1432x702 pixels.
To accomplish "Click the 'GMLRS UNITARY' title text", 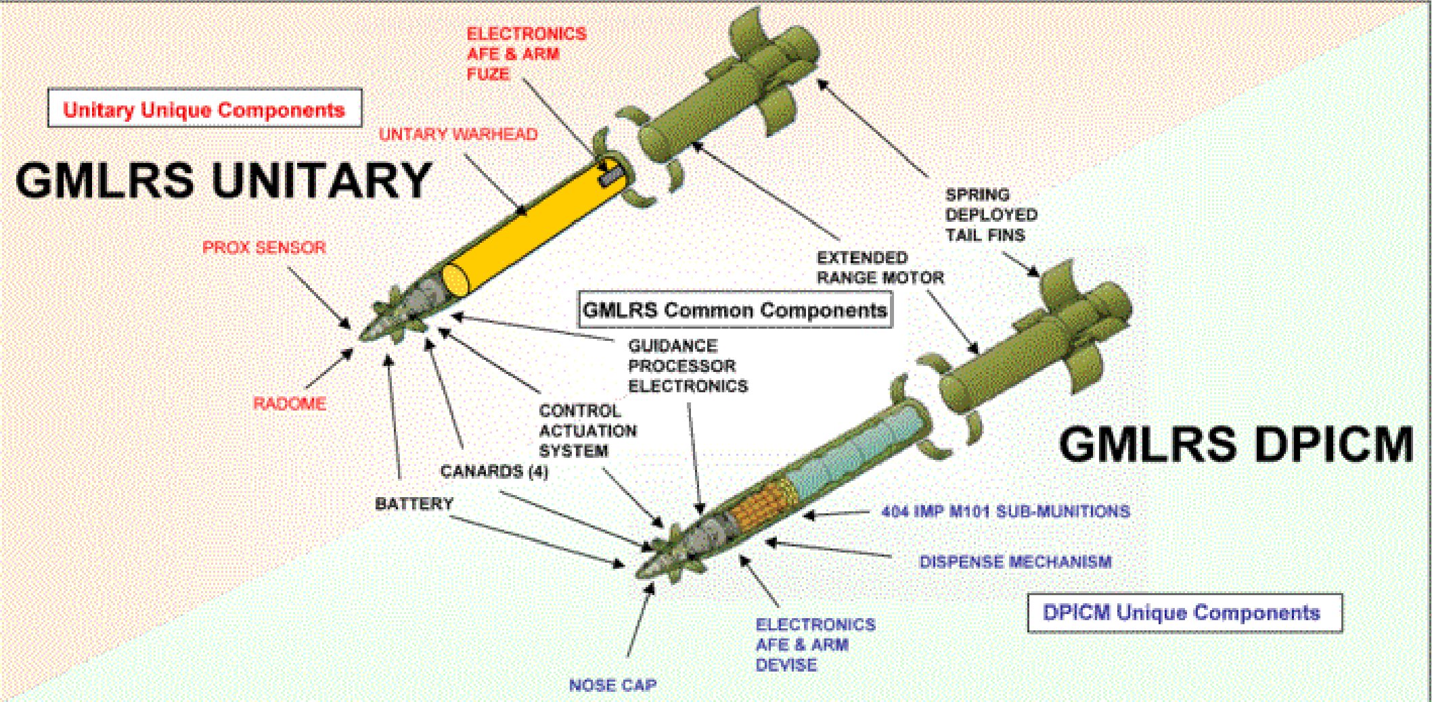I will point(223,180).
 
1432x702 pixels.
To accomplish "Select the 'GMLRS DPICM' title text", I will point(1236,444).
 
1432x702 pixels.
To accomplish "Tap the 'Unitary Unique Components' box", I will point(204,109).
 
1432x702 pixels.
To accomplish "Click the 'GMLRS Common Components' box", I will point(734,310).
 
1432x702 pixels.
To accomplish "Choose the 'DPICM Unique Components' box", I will point(1184,613).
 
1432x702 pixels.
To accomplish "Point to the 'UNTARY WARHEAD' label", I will point(458,134).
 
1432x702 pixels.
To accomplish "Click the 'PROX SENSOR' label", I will point(264,248).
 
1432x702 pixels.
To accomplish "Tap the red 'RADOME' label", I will point(290,404).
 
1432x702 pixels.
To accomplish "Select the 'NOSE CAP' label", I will point(612,685).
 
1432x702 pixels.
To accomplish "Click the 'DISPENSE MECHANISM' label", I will point(1015,561).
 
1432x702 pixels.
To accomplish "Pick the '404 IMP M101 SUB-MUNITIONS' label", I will point(1006,511).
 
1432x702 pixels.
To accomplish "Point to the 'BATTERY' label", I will point(414,503).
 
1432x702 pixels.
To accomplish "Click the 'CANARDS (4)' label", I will point(494,471).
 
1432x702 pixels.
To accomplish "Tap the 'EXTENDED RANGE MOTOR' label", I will point(879,267).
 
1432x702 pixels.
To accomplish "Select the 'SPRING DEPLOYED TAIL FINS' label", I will point(991,214).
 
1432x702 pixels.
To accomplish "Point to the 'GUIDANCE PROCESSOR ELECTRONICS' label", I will point(688,366).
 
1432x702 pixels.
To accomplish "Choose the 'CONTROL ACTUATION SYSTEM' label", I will point(587,431).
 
